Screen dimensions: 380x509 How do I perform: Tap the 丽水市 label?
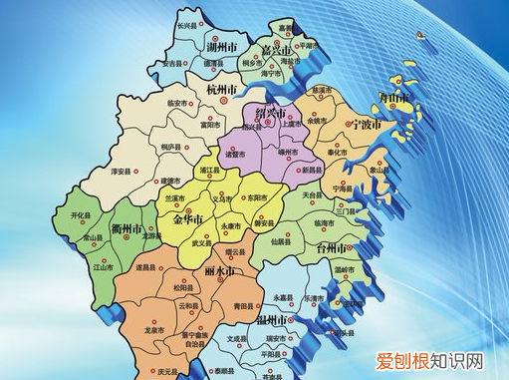coord(218,271)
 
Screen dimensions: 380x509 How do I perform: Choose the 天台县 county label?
coord(312,194)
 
